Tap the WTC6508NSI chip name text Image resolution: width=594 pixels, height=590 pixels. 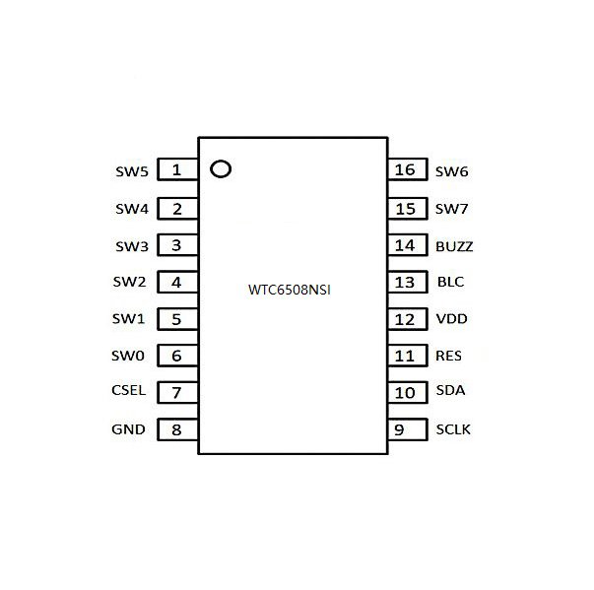[290, 291]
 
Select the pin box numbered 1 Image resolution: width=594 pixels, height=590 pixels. [177, 169]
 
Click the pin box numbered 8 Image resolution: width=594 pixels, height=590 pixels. [177, 429]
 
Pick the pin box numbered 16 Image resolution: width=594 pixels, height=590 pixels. [408, 169]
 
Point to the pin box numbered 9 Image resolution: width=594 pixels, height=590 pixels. [408, 429]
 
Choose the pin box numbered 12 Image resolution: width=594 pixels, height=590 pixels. [408, 319]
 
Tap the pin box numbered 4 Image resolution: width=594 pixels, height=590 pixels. [177, 282]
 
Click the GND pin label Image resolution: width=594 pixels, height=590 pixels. [128, 429]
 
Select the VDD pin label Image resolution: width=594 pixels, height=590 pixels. [451, 319]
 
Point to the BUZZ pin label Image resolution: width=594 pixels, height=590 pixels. [454, 246]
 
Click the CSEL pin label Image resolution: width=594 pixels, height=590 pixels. [128, 390]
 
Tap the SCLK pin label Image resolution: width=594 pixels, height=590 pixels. [453, 429]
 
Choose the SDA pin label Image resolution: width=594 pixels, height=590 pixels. [450, 390]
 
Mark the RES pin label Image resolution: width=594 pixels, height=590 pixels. [448, 356]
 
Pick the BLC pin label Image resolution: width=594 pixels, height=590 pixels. [450, 282]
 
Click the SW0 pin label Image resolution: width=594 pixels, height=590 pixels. [128, 356]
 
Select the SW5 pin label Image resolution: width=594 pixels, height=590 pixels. [132, 171]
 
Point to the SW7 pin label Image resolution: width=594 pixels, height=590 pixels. [451, 209]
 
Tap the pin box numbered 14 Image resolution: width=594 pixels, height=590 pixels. [408, 245]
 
